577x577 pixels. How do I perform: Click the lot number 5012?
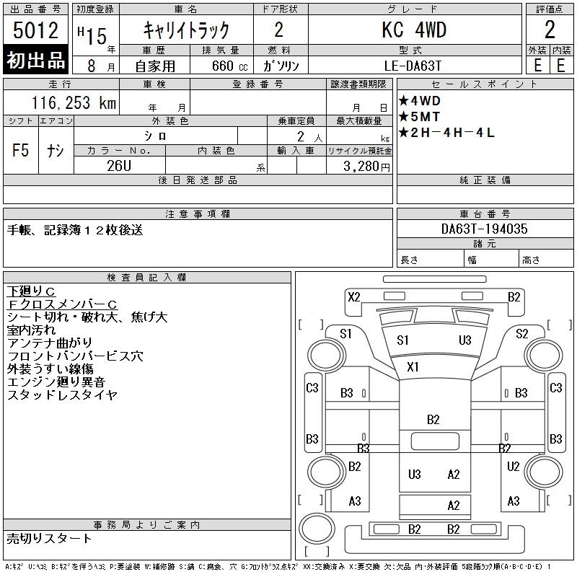[x=35, y=30]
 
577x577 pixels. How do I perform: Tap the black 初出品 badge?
[x=35, y=60]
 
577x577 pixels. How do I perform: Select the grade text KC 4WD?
[x=414, y=30]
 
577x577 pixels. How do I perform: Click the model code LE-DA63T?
[x=413, y=66]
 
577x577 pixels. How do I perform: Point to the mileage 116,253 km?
[x=74, y=102]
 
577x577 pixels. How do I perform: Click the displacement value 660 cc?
[x=229, y=66]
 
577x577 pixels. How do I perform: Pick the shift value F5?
[x=20, y=150]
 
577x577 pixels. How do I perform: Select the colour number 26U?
[x=119, y=166]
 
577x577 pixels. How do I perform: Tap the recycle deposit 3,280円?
[x=366, y=167]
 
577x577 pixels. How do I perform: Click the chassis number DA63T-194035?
[x=484, y=229]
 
